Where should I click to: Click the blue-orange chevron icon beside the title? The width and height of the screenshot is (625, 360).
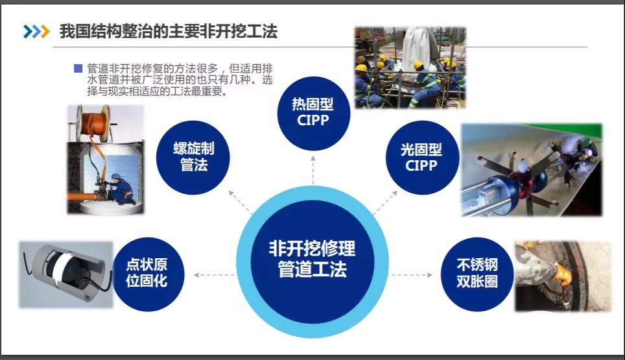(x=36, y=32)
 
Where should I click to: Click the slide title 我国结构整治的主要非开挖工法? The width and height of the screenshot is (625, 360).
(x=168, y=31)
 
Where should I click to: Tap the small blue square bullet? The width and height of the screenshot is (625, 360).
(x=78, y=69)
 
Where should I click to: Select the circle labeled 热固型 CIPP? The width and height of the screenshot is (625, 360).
(x=313, y=114)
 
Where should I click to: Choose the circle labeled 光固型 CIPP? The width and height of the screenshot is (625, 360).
(x=421, y=158)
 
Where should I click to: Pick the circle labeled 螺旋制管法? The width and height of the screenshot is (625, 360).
(x=193, y=158)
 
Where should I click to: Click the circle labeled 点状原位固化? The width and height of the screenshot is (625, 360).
(x=147, y=274)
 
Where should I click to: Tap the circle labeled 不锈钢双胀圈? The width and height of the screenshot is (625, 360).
(x=477, y=274)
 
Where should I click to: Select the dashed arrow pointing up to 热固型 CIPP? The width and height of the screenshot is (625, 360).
(x=313, y=170)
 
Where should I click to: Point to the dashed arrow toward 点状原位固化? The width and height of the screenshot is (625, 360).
(x=215, y=274)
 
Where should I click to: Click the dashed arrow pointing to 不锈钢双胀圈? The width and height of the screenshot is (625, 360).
(x=410, y=274)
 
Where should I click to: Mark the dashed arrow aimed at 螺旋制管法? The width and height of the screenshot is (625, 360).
(x=241, y=202)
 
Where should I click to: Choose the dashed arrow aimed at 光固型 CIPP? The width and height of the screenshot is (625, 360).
(x=386, y=202)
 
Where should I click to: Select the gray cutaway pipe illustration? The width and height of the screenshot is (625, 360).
(x=66, y=274)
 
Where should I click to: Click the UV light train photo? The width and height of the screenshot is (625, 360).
(x=532, y=170)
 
